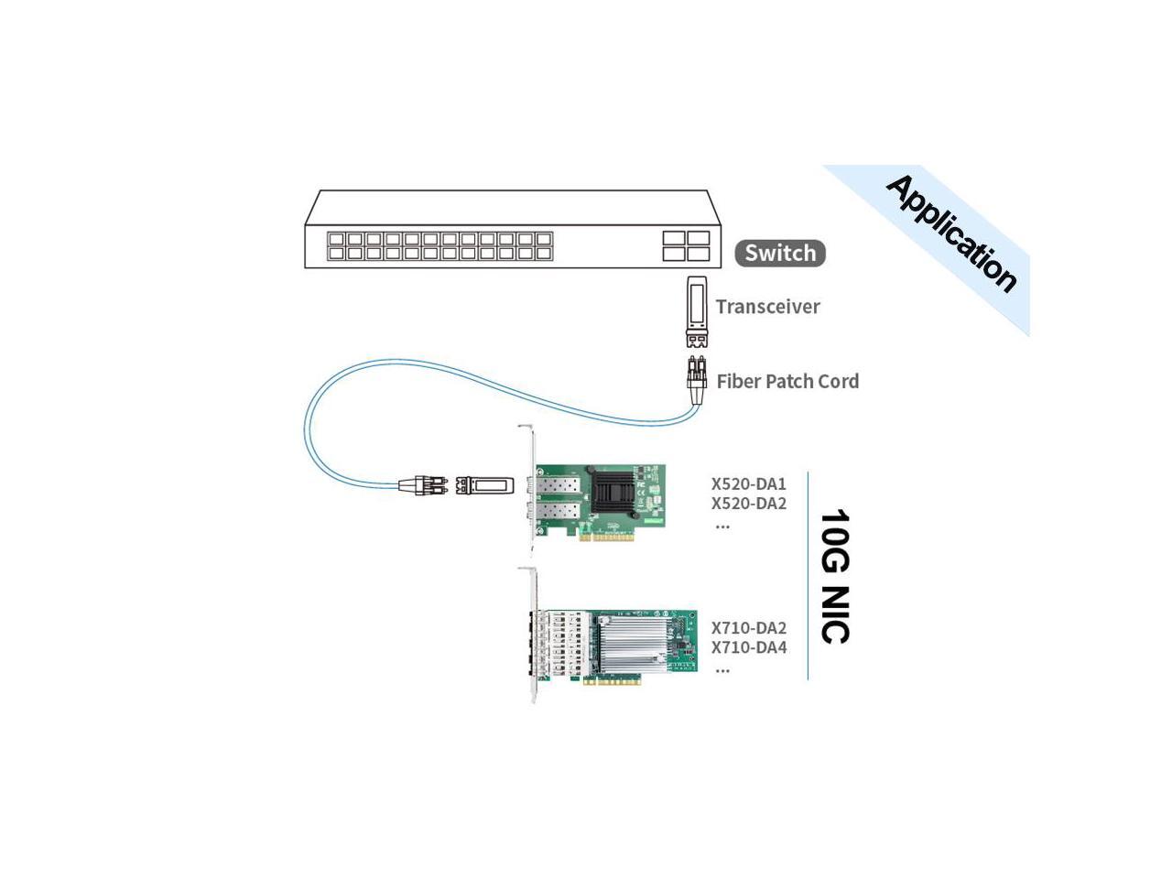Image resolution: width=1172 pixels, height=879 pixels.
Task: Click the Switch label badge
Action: coord(780,253)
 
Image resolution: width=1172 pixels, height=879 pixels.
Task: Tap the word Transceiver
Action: coord(767,307)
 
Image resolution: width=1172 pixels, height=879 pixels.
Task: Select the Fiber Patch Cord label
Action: coord(787,381)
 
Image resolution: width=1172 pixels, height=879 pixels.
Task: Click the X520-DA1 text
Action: coord(749,483)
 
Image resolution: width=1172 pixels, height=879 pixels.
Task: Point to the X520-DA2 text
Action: coord(749,504)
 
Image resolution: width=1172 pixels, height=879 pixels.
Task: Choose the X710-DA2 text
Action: coord(749,628)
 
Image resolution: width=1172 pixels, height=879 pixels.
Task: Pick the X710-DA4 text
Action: coord(749,647)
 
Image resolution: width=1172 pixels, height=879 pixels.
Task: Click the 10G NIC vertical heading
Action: coord(834,577)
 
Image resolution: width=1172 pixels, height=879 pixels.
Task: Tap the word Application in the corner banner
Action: coord(951,233)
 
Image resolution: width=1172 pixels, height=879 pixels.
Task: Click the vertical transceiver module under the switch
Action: coord(697,311)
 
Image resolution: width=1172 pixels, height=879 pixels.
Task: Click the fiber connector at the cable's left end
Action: coord(423,484)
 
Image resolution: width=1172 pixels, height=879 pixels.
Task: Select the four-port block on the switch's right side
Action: coord(687,245)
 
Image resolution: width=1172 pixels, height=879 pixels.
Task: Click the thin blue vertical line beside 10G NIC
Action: coord(808,577)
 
